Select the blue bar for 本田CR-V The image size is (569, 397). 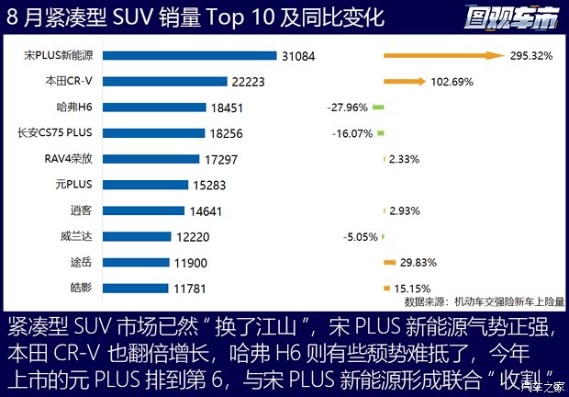click(174, 81)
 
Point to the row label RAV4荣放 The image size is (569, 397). click(69, 158)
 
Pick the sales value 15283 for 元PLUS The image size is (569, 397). click(212, 185)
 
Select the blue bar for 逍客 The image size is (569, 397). click(152, 210)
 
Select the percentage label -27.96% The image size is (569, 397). click(347, 108)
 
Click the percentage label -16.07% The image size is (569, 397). click(353, 133)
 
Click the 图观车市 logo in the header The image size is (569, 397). click(508, 17)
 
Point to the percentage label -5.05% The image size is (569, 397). click(360, 236)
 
